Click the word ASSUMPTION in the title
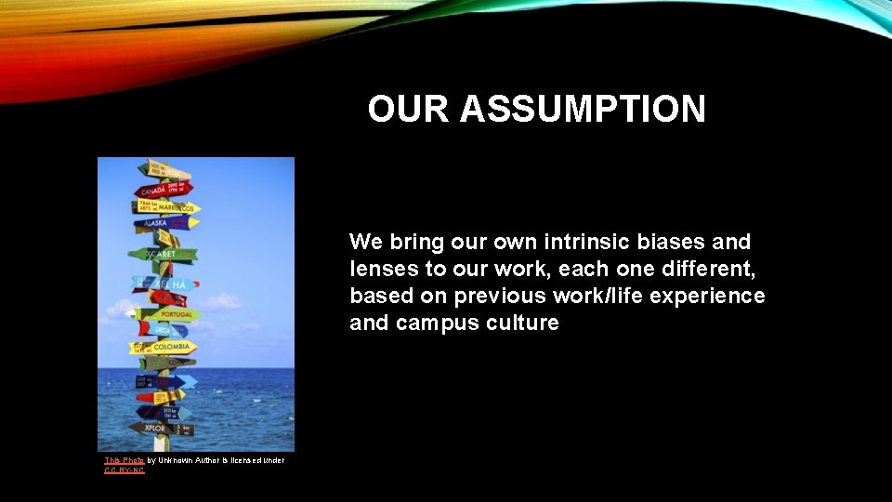[583, 110]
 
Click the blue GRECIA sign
[162, 329]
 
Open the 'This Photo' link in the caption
[124, 460]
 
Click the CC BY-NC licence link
[125, 470]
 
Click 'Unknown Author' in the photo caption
[190, 460]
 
